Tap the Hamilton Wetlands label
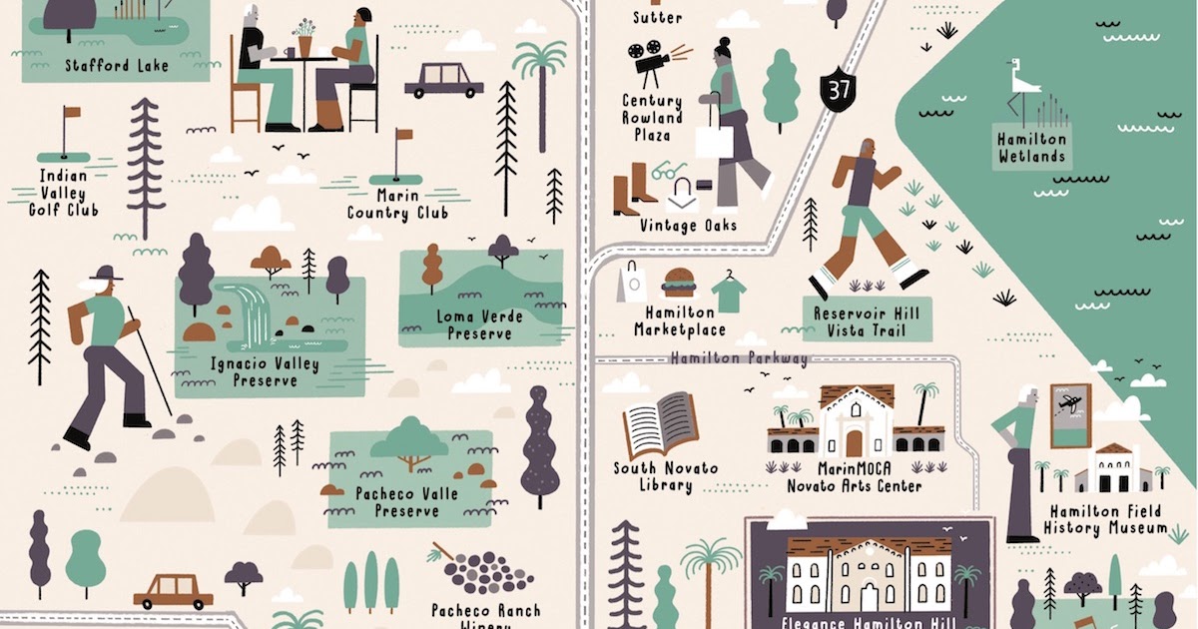pos(1031,149)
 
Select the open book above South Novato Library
pos(660,423)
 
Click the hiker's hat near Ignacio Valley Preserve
pos(105,273)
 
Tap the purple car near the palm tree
pos(443,79)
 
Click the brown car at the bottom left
pos(173,591)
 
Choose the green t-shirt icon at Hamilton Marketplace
pos(730,291)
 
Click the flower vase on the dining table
pos(303,40)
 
